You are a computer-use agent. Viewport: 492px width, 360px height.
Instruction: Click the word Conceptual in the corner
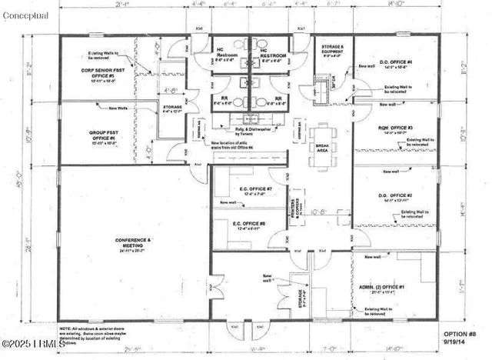click(25, 15)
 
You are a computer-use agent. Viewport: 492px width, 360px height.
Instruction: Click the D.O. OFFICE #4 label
click(397, 64)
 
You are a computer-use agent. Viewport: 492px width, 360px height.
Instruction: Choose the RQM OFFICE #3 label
click(396, 129)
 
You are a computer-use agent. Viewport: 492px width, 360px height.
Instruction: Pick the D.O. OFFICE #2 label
click(396, 197)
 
